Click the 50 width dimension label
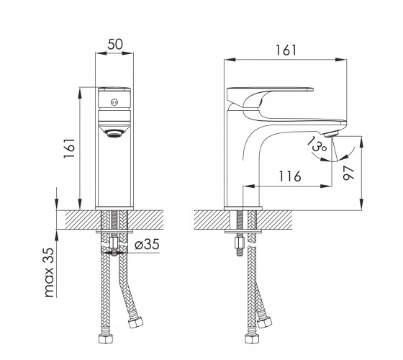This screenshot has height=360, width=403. coord(115,45)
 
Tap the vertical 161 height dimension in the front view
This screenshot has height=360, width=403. coord(69,148)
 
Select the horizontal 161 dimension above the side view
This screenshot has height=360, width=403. coord(286,50)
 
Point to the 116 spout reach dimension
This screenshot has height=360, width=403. coord(290,176)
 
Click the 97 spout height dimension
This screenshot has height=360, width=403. coord(349,173)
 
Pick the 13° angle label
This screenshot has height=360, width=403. coord(317,145)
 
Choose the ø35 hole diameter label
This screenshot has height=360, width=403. coord(147,244)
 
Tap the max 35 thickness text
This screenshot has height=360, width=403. coord(49,272)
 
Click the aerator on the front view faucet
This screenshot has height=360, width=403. coord(114,133)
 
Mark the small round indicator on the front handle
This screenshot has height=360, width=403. coord(114,102)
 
